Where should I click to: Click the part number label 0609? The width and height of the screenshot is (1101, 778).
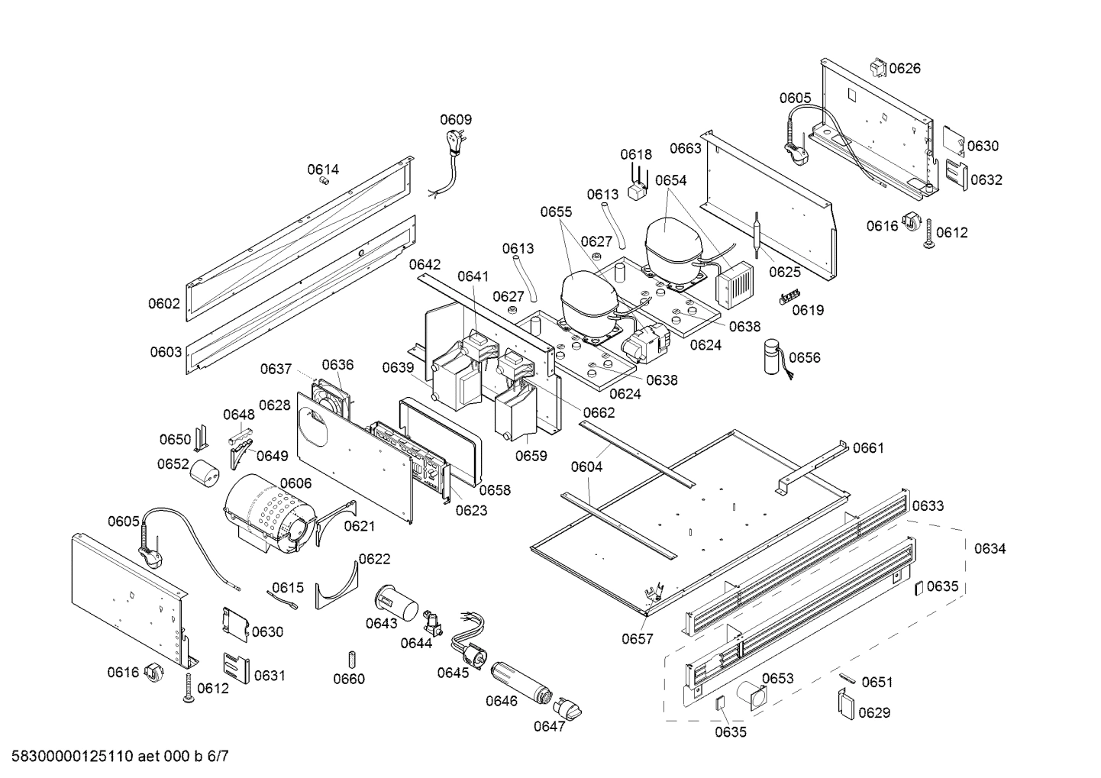point(455,119)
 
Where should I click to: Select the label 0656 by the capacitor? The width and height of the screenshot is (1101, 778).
point(805,357)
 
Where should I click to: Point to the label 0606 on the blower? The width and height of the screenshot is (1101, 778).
point(295,483)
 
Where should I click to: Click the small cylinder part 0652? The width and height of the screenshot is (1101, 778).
point(204,472)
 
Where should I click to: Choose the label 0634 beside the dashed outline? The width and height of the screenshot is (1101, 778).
point(990,548)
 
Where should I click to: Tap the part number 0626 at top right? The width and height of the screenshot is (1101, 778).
point(905,69)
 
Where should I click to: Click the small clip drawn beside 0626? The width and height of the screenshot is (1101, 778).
point(877,67)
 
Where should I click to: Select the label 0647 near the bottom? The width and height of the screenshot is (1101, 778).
point(549,726)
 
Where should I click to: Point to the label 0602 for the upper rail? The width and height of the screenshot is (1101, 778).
point(164,303)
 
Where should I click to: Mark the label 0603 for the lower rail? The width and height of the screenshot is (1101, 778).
point(166,352)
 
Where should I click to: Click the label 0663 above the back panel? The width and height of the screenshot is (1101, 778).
point(685,148)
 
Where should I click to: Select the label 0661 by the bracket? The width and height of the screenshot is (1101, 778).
point(868,447)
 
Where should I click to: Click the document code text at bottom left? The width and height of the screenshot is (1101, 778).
point(115,757)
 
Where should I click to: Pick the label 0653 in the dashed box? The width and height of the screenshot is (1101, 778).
point(777,678)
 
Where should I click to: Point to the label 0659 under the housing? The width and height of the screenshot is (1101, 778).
point(531,456)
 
